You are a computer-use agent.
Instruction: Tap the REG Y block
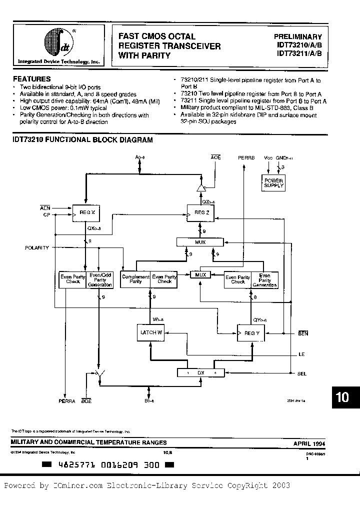coord(250,332)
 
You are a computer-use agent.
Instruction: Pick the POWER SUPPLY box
coord(273,183)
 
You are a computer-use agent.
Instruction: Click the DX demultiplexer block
coord(200,372)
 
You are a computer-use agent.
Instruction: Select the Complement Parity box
coord(136,279)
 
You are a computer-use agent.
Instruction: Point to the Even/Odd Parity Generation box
coord(100,279)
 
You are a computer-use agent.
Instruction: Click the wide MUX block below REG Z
coord(200,242)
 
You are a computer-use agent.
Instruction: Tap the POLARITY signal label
coord(37,247)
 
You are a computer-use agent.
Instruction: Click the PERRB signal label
coord(246,157)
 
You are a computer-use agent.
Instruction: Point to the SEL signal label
coord(302,373)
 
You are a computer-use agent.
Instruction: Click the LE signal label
coord(301,353)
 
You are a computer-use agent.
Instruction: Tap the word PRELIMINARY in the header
coord(298,36)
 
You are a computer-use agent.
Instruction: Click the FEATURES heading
coord(31,78)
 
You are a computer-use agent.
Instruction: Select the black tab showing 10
coord(342,397)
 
